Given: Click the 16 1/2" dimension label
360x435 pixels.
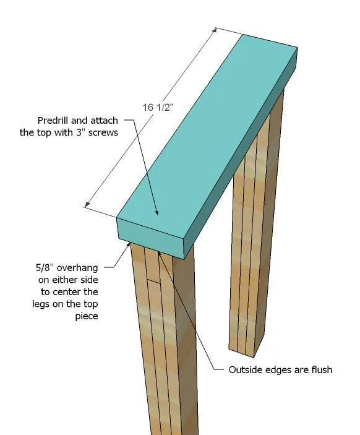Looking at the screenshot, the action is tap(158, 108).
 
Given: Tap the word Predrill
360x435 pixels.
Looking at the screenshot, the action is tap(53, 121).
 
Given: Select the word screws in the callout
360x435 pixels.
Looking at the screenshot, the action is tap(103, 132).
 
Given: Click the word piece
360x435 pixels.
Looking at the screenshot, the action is tap(87, 317).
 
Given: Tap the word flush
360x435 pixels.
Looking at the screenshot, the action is tap(322, 369).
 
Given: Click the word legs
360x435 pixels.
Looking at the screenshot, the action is tap(41, 304).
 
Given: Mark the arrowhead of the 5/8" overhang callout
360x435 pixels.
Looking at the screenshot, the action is tap(129, 244).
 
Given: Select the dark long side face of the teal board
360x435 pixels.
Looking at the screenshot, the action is tap(241, 153).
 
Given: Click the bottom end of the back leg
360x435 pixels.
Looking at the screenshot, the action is tap(242, 353).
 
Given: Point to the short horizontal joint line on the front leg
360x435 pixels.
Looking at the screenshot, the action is tap(154, 281).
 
